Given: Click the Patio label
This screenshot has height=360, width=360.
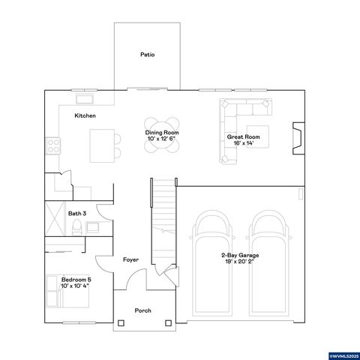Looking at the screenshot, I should (x=147, y=54).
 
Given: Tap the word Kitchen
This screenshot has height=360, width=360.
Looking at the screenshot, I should (x=85, y=116).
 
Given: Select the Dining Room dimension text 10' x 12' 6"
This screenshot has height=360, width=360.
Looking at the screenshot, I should (x=163, y=139).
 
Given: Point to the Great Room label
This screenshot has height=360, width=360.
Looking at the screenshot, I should (x=243, y=137).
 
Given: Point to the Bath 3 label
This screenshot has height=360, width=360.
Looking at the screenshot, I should (x=77, y=214).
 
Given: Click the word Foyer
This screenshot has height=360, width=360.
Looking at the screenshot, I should (x=130, y=259).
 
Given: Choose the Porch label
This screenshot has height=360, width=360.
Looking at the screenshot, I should (x=142, y=310).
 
